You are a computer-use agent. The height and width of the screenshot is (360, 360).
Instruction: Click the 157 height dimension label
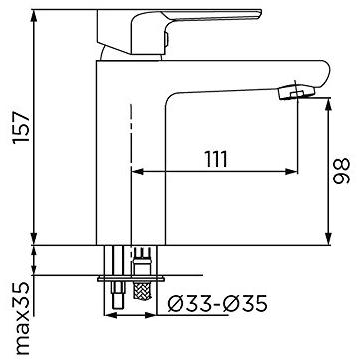(21, 128)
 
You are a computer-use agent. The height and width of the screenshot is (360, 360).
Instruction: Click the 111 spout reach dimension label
(216, 159)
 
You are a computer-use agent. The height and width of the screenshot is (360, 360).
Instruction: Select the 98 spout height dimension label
(341, 171)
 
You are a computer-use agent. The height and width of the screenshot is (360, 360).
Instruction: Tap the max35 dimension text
(22, 319)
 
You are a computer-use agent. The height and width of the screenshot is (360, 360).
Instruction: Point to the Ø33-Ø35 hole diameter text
(217, 304)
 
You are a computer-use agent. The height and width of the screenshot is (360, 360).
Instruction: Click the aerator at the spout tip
(296, 91)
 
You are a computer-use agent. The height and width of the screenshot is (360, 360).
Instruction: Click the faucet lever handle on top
(180, 32)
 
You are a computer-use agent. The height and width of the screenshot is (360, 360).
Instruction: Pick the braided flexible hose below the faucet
(142, 290)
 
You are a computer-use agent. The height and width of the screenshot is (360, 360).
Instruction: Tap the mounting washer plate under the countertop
(131, 279)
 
